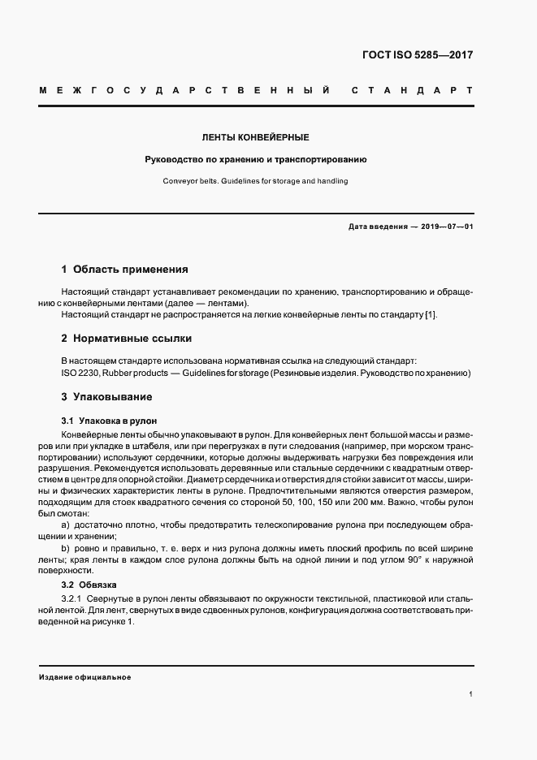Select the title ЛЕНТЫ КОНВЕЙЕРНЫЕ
tap(256, 138)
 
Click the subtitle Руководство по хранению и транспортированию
tap(256, 160)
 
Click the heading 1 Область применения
tap(125, 269)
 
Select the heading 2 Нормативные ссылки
tap(127, 338)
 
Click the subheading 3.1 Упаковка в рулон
tap(109, 421)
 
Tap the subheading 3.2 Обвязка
tap(89, 584)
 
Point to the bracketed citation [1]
tap(430, 314)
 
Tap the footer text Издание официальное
tap(84, 676)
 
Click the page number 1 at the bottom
tap(471, 694)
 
